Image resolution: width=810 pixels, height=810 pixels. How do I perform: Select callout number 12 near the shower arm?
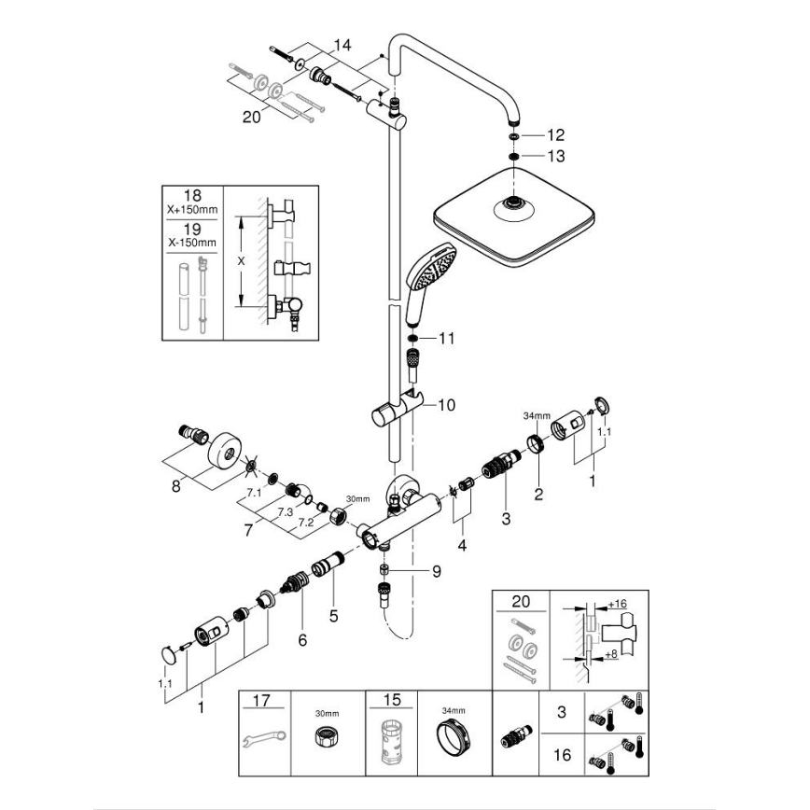tap(556, 135)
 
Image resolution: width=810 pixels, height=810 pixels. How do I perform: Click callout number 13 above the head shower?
tap(556, 156)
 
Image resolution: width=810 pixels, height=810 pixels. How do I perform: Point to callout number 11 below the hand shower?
tap(446, 338)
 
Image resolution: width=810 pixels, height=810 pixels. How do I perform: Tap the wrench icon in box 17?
tap(265, 741)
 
